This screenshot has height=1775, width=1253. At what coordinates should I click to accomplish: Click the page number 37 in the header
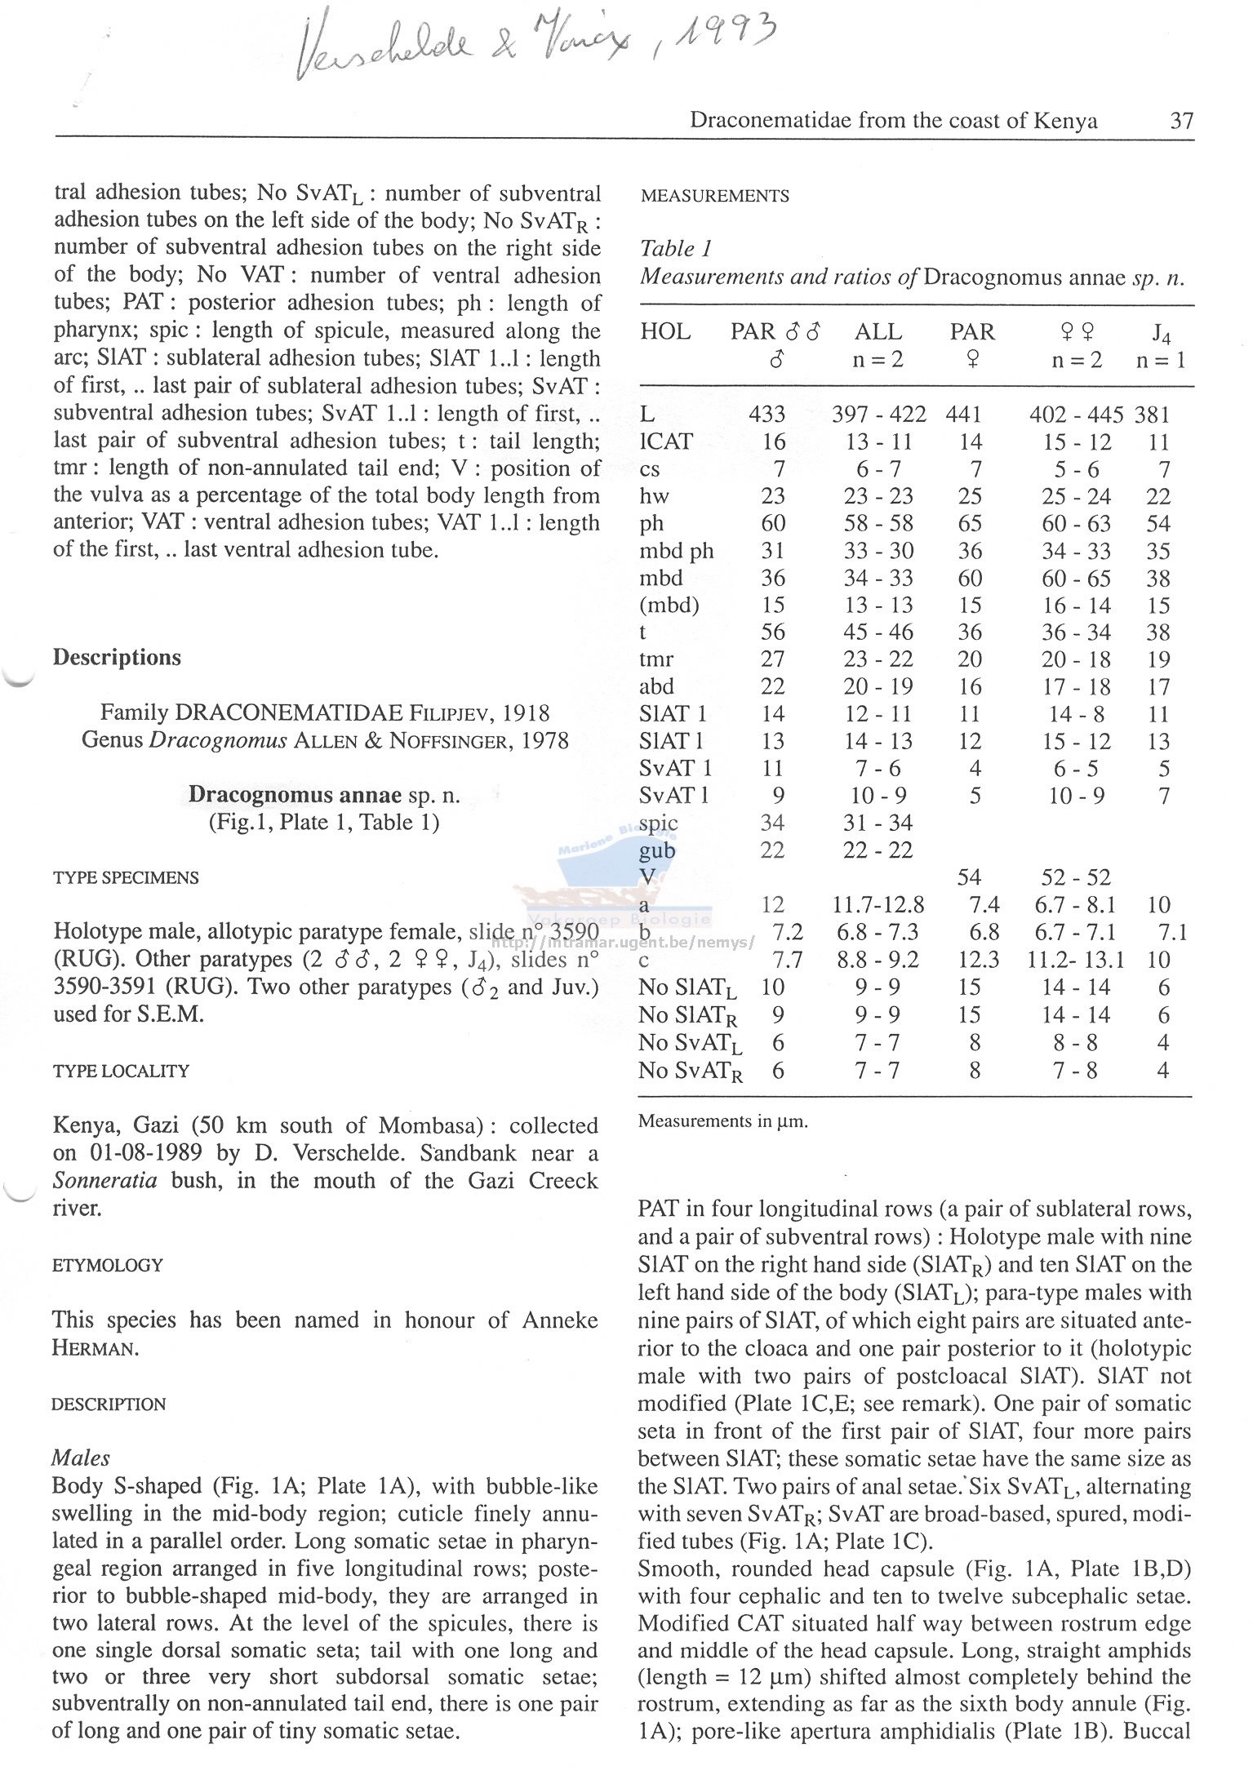click(1181, 121)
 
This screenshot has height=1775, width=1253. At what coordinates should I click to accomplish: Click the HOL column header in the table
click(665, 332)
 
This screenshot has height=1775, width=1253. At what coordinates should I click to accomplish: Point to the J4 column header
click(1161, 333)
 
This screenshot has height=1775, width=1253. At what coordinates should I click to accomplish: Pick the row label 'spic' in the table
click(658, 823)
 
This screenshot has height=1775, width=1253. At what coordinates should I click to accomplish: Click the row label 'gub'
click(657, 851)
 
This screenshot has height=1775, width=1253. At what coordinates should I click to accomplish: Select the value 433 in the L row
click(766, 415)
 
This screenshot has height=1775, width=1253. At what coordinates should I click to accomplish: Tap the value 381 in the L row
click(1152, 415)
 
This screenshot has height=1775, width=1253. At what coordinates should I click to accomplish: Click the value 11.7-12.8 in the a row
click(878, 905)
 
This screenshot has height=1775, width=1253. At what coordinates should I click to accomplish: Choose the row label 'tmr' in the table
click(656, 659)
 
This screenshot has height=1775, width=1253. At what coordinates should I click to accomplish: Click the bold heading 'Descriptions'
click(117, 658)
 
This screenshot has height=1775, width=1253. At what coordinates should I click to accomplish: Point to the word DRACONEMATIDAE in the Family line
click(289, 713)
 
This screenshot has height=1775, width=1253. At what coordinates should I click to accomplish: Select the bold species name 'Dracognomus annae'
click(295, 795)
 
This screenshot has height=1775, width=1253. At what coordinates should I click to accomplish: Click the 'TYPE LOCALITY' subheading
click(121, 1072)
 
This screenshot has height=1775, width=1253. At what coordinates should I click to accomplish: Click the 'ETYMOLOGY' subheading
click(108, 1266)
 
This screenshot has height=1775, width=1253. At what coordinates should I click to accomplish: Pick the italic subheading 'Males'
click(80, 1458)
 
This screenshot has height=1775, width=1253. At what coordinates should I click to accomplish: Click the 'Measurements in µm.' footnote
click(722, 1121)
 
